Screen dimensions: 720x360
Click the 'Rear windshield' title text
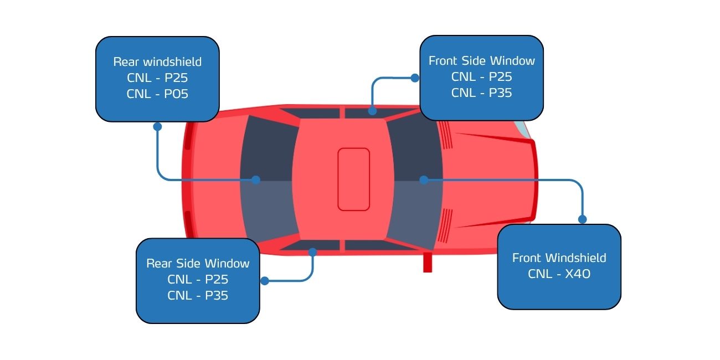tap(157, 61)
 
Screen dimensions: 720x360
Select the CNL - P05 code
tap(157, 94)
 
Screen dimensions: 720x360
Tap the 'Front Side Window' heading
tap(481, 61)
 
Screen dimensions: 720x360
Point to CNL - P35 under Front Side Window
tap(481, 93)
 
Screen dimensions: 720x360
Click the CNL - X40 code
tap(559, 274)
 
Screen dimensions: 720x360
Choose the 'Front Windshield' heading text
tap(559, 258)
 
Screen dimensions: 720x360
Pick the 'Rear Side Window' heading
tap(198, 264)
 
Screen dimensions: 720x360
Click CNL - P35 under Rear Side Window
tap(198, 296)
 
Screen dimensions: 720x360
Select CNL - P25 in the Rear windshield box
tap(157, 78)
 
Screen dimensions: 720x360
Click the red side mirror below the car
tap(428, 262)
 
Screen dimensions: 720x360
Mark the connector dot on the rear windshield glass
tap(256, 180)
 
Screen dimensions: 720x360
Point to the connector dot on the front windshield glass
tap(424, 180)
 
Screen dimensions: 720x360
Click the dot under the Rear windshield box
tap(157, 127)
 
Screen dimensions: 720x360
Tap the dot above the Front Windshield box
tap(583, 219)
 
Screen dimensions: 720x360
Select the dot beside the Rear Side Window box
tap(265, 281)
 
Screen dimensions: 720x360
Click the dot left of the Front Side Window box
tap(415, 78)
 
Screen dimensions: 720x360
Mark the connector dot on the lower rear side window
tap(312, 252)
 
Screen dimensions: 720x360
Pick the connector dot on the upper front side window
tap(372, 111)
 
